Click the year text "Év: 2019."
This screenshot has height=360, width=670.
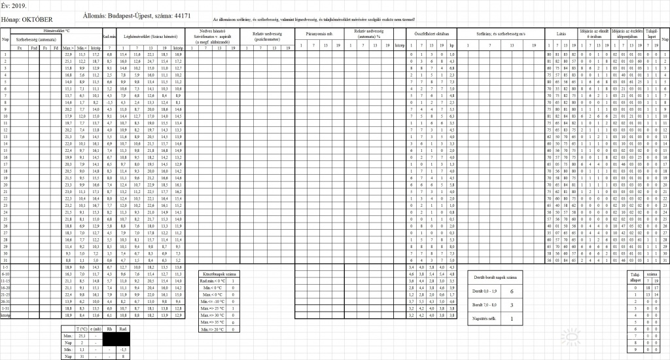[14, 5]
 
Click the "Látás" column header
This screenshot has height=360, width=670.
[561, 34]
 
